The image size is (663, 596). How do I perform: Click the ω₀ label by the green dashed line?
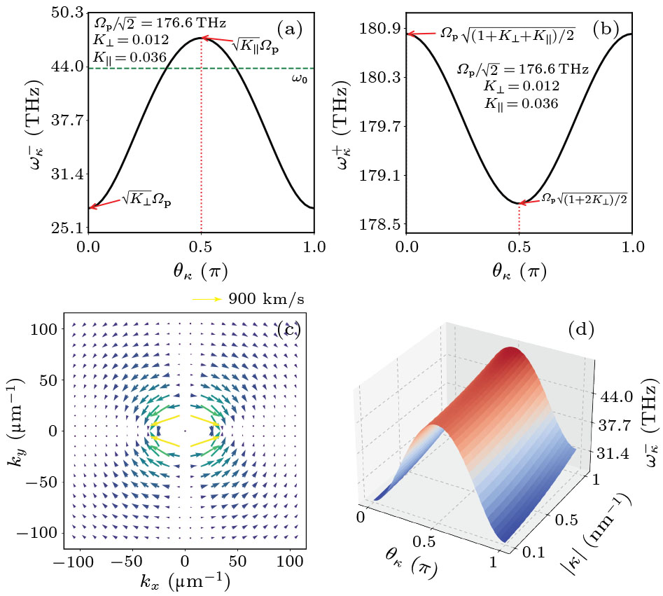pyautogui.click(x=300, y=78)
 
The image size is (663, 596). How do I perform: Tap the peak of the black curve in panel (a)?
pyautogui.click(x=201, y=38)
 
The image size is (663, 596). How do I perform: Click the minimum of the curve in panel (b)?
pyautogui.click(x=519, y=203)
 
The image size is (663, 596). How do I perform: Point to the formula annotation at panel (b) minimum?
pyautogui.click(x=584, y=199)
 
